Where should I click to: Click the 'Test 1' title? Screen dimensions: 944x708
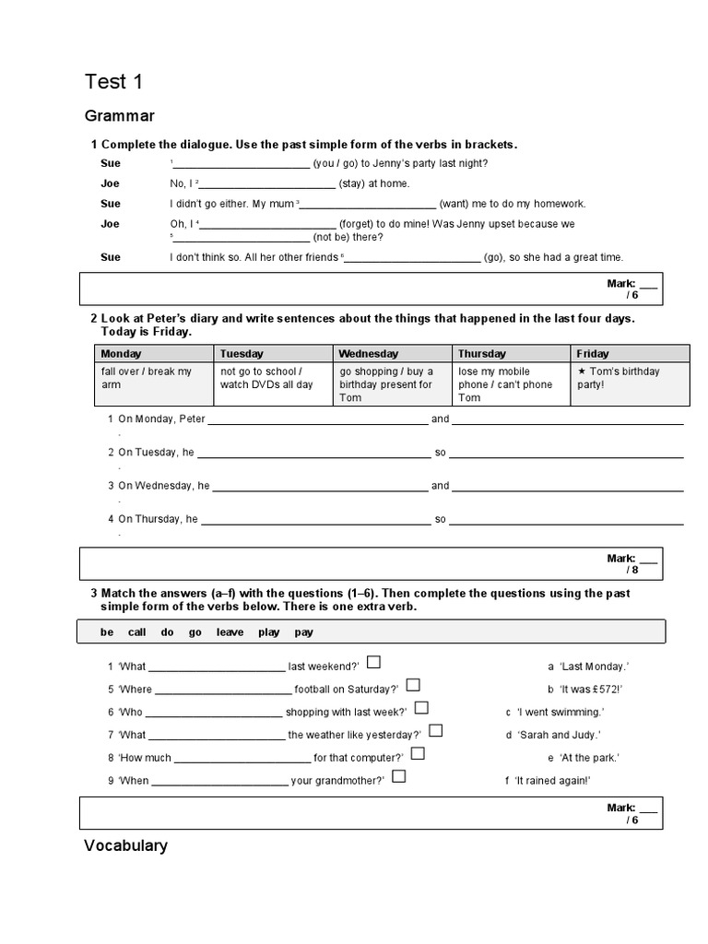coord(113,82)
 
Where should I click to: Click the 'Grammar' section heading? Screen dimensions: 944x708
coord(120,116)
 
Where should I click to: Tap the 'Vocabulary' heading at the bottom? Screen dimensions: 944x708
coord(125,845)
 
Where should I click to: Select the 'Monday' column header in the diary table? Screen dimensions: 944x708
coord(122,353)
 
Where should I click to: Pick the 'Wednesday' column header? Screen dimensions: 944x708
coord(369,353)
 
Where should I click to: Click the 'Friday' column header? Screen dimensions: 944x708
coord(593,353)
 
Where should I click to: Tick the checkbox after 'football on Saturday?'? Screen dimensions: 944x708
coord(413,684)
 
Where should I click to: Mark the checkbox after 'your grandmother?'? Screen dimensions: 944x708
coord(399,776)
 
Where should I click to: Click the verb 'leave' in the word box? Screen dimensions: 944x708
coord(230,632)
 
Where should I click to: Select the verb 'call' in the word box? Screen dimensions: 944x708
coord(136,632)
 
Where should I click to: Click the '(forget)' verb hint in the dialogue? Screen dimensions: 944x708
coord(358,224)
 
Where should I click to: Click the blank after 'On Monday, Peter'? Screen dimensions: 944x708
coord(318,419)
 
